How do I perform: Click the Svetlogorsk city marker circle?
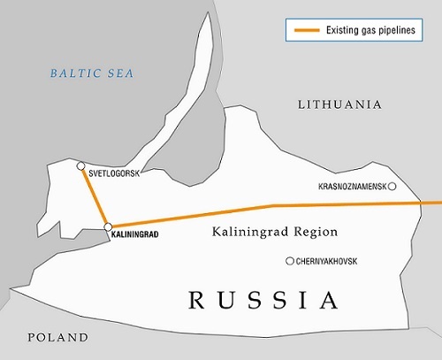[80, 165]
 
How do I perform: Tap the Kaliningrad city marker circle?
[108, 227]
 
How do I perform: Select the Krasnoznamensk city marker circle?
[392, 187]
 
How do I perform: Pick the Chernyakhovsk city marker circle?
[289, 260]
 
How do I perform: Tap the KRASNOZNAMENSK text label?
[351, 188]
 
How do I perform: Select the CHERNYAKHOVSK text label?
[334, 261]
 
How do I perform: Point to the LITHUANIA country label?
[339, 104]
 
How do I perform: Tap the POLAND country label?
[57, 337]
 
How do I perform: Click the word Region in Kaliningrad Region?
[314, 233]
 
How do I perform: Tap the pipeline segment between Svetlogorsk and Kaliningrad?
[94, 195]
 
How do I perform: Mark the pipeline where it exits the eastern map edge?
[437, 203]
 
